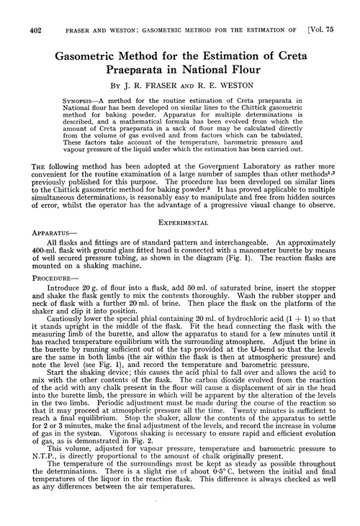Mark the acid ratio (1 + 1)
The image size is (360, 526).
coord(306,348)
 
